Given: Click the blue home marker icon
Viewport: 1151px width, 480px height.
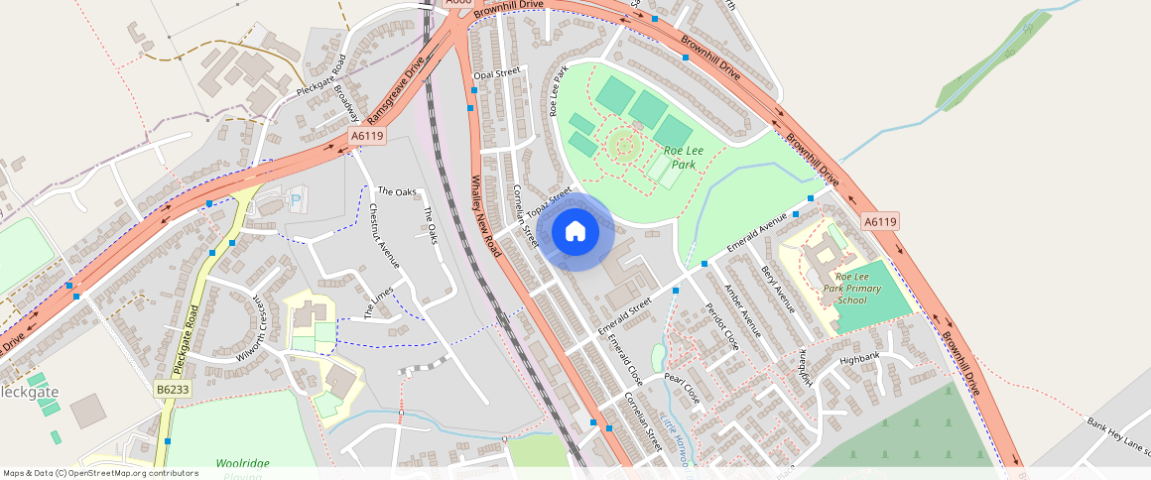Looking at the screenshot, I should click(575, 232).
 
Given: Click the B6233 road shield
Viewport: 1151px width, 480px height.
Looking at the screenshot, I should click(173, 390).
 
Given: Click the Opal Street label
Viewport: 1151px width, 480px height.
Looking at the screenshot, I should click(497, 73).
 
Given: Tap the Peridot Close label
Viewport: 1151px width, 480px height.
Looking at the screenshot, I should click(721, 325).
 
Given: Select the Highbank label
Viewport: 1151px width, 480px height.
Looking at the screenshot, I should click(859, 359).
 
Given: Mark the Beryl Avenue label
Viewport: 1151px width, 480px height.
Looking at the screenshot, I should click(778, 289).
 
